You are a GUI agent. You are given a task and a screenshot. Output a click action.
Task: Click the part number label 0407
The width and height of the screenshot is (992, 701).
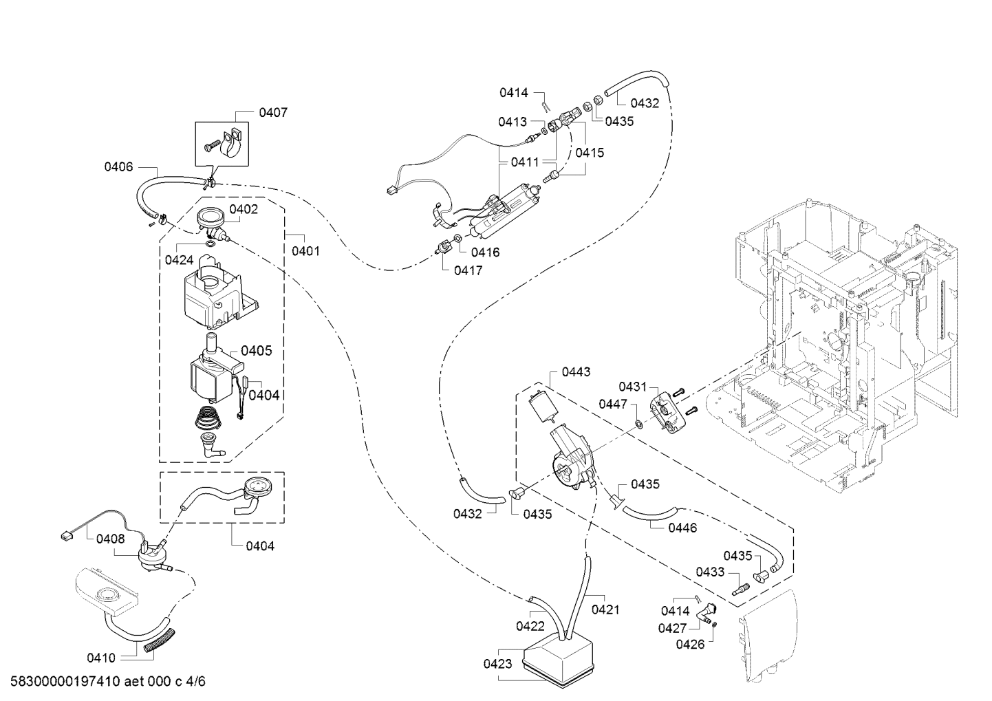pyautogui.click(x=273, y=113)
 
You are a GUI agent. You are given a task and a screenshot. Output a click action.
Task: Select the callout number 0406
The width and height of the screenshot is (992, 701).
pyautogui.click(x=118, y=167)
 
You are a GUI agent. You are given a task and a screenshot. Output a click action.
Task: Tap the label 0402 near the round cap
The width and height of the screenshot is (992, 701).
pyautogui.click(x=243, y=209)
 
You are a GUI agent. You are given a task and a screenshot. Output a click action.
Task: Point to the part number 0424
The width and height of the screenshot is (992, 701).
pyautogui.click(x=179, y=260)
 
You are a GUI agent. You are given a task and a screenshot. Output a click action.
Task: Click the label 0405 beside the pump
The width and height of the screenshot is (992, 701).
pyautogui.click(x=256, y=351)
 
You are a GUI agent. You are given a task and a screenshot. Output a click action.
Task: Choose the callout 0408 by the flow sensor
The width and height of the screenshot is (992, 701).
pyautogui.click(x=110, y=539)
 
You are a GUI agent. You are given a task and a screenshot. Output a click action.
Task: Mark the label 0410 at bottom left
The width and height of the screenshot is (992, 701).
pyautogui.click(x=101, y=658)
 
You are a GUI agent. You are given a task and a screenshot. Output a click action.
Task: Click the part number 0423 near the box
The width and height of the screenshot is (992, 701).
pyautogui.click(x=498, y=664)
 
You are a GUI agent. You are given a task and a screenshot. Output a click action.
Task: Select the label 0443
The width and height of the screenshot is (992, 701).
pyautogui.click(x=576, y=372)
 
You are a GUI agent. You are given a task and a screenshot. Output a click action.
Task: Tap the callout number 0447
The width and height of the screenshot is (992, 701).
pyautogui.click(x=613, y=405)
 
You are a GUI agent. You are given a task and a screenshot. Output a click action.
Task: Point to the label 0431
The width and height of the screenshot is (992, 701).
pyautogui.click(x=632, y=387)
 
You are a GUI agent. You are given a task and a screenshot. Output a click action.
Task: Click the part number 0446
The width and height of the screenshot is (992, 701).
pyautogui.click(x=682, y=528)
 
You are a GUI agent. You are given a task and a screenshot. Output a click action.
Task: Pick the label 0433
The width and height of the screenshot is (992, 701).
pyautogui.click(x=710, y=572)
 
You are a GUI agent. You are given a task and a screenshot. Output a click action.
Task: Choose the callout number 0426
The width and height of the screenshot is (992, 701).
pyautogui.click(x=690, y=645)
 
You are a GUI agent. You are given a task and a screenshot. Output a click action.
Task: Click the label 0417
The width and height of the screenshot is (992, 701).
pyautogui.click(x=468, y=270)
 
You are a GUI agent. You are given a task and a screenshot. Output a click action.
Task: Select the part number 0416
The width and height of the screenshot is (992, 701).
pyautogui.click(x=485, y=252)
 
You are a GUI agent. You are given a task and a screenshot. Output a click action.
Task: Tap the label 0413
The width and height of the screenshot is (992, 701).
pyautogui.click(x=513, y=122)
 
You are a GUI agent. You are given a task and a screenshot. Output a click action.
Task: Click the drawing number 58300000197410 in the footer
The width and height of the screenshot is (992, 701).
pyautogui.click(x=65, y=681)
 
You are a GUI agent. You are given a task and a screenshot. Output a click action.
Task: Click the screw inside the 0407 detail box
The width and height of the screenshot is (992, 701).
pyautogui.click(x=212, y=145)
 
